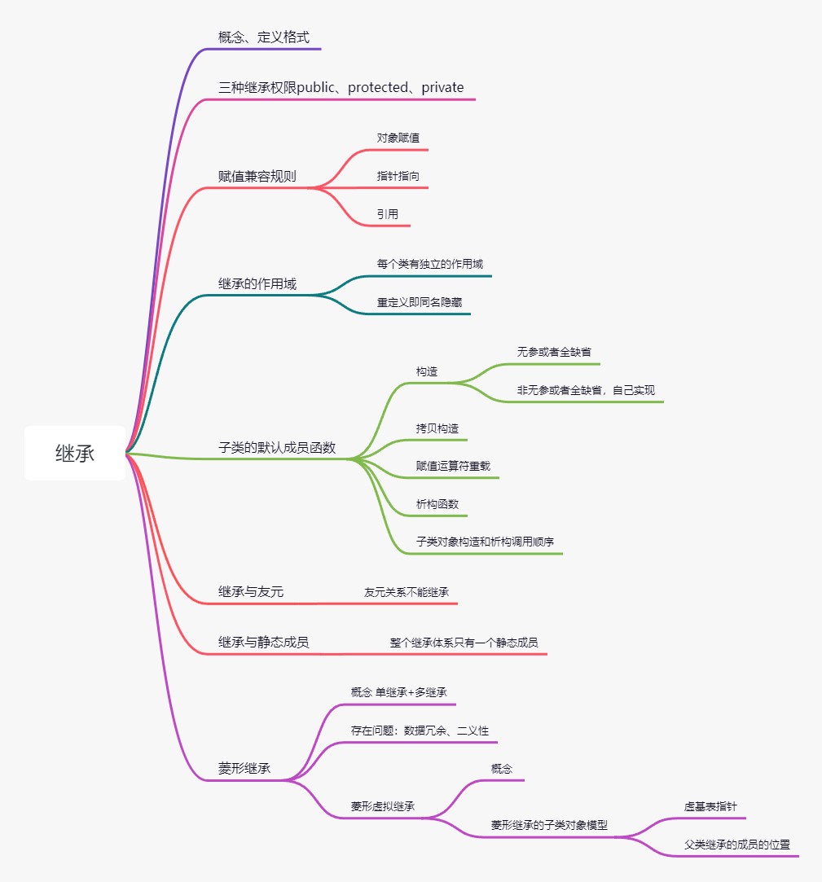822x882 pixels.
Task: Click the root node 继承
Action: click(75, 454)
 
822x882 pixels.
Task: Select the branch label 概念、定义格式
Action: click(264, 37)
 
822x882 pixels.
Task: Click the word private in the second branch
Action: click(442, 87)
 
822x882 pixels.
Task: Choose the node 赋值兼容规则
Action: click(257, 177)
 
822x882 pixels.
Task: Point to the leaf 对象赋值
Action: click(398, 138)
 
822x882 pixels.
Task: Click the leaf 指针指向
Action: click(398, 176)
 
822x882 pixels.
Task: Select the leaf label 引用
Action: click(388, 214)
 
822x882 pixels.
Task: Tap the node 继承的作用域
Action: click(257, 284)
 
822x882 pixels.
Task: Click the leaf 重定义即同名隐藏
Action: click(420, 303)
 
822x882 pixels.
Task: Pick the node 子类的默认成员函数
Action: click(277, 448)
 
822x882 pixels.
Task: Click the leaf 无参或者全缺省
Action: click(554, 352)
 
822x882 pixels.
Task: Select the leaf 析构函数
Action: click(437, 504)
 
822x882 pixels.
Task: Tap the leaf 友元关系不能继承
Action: click(407, 592)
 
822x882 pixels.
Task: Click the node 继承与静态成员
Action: click(264, 643)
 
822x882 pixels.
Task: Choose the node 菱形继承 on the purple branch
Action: click(244, 768)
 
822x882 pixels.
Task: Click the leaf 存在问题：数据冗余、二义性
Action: click(420, 731)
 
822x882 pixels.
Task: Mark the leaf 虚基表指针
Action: click(710, 806)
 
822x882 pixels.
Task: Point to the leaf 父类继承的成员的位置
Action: click(737, 845)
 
